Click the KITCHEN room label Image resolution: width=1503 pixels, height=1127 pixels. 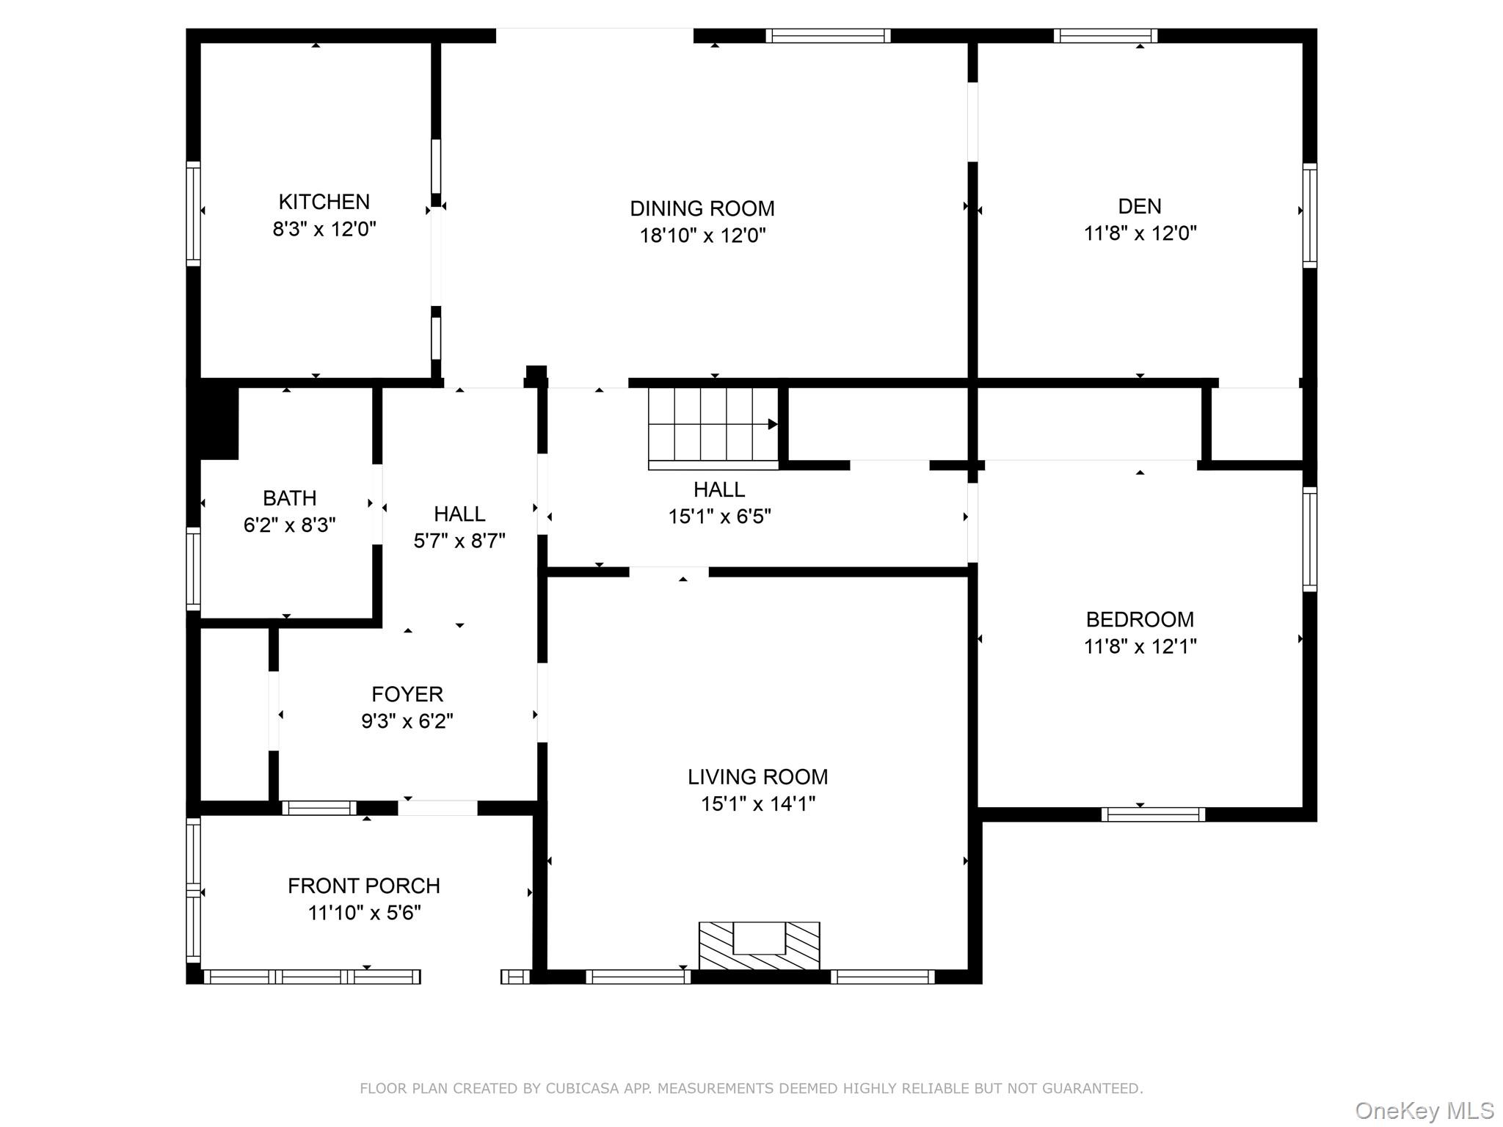(x=324, y=202)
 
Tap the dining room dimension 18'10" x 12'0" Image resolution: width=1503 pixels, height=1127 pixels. (x=702, y=236)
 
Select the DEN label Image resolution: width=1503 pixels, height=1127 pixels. (x=1140, y=206)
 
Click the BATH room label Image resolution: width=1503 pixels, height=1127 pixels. (x=290, y=498)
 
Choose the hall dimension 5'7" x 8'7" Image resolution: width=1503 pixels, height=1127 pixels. (x=459, y=541)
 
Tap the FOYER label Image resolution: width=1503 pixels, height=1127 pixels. (x=407, y=694)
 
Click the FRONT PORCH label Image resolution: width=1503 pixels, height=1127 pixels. (x=364, y=886)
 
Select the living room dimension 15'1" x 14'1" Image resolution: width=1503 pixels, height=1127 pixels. (x=758, y=804)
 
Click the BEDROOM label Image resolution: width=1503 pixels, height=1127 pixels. (x=1140, y=619)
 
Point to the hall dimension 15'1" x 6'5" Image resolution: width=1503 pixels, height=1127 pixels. (x=719, y=517)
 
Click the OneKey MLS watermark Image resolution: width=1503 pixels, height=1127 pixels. (x=1424, y=1110)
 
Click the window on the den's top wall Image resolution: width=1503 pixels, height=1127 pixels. (x=1105, y=35)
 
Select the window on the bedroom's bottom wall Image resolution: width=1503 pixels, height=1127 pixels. (x=1152, y=814)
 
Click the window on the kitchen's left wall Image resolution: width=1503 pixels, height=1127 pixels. (x=193, y=214)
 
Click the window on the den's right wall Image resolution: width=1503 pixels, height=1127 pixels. (x=1309, y=215)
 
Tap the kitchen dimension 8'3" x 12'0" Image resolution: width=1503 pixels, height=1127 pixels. (x=324, y=230)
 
